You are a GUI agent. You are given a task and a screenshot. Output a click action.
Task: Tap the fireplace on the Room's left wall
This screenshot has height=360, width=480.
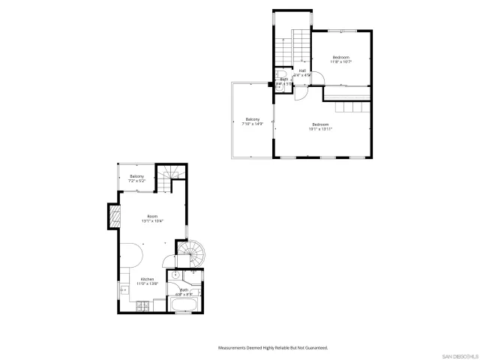tap(115, 217)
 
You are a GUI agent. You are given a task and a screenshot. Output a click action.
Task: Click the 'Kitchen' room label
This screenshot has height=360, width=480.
tap(147, 279)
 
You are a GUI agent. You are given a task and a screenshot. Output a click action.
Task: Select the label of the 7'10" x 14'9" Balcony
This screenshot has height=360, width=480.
tap(253, 120)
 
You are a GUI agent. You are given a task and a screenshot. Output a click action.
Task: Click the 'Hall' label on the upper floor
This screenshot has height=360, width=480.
tap(301, 71)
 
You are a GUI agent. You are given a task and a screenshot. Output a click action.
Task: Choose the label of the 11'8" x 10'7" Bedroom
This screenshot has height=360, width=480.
tap(341, 58)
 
